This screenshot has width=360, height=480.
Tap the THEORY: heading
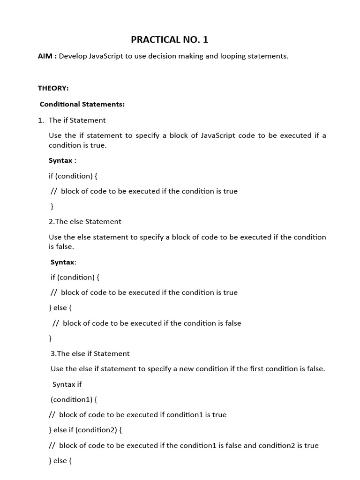53,88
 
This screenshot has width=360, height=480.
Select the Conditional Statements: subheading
82,104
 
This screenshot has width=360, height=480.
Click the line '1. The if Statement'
72,120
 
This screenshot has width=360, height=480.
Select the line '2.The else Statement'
85,221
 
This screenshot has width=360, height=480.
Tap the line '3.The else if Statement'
90,353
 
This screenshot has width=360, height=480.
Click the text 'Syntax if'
67,384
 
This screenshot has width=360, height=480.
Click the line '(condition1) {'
74,399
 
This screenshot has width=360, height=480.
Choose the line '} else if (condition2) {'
85,430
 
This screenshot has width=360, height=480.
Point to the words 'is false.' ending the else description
61,247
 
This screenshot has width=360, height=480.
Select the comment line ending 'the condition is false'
147,323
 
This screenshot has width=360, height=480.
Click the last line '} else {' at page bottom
60,461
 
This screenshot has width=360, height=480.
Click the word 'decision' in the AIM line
166,56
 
